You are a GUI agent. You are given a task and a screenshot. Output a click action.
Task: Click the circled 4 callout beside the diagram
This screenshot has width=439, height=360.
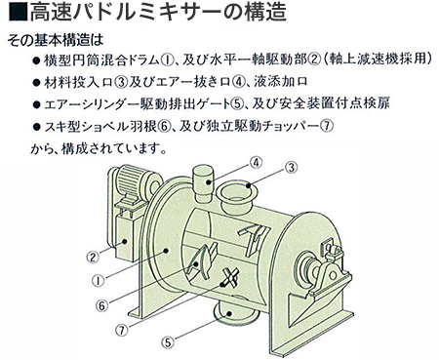[x=256, y=163]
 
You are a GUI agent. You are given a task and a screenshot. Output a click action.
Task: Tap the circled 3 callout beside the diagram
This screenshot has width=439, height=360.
[x=291, y=168]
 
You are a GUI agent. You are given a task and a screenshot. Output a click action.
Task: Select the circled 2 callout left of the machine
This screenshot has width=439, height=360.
[x=93, y=258]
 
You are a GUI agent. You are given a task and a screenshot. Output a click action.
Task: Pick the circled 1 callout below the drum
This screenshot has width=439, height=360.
[x=99, y=280]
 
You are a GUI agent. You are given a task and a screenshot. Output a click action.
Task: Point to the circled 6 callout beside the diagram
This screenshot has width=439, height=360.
[x=101, y=305]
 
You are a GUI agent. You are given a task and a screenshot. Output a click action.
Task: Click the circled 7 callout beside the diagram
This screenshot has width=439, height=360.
[x=122, y=331]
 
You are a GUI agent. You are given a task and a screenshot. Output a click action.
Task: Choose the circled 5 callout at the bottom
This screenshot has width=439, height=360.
[x=168, y=342]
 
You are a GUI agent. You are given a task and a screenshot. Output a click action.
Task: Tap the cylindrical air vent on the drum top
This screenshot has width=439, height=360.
[x=203, y=184]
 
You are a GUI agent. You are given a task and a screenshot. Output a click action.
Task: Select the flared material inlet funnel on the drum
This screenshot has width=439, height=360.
[x=236, y=197]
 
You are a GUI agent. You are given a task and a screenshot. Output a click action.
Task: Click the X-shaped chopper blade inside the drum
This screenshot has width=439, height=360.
[x=230, y=278]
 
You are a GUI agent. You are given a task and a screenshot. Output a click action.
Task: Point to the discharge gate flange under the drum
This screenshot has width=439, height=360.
[x=233, y=311]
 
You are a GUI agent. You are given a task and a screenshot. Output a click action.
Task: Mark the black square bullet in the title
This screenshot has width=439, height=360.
[x=18, y=13]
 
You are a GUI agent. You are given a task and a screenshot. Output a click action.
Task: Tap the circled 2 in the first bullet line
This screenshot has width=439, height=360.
[x=314, y=60]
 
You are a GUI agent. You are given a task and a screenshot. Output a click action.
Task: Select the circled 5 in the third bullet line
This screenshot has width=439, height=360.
[x=236, y=104]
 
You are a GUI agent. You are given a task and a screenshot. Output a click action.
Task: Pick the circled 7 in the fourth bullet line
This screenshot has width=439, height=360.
[x=327, y=126]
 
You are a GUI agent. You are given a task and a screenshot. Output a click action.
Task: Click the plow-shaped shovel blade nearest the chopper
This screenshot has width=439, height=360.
[x=203, y=261]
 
